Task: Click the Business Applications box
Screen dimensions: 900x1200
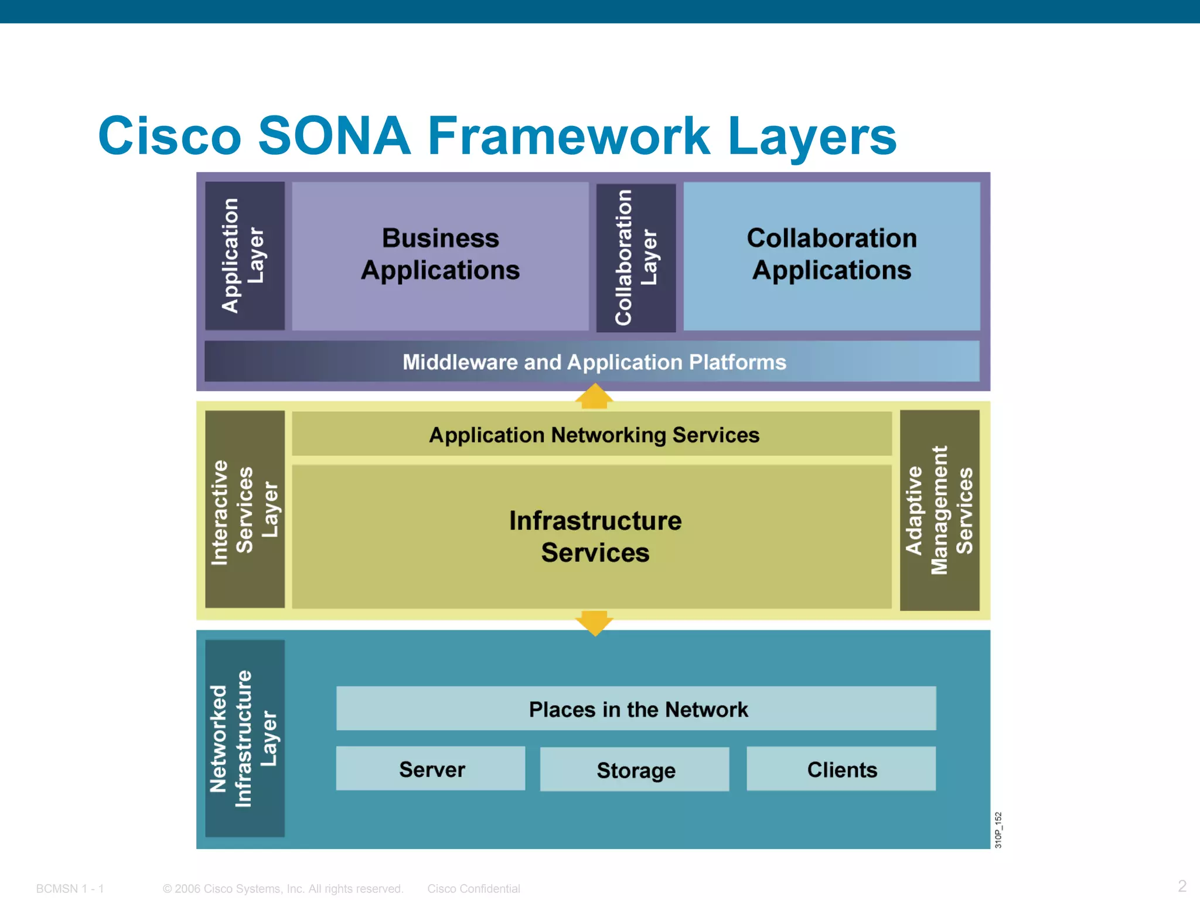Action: click(x=440, y=255)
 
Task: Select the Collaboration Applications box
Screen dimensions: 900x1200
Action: click(x=831, y=255)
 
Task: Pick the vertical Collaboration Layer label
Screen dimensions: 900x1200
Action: click(x=636, y=258)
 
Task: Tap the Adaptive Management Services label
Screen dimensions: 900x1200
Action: click(x=939, y=510)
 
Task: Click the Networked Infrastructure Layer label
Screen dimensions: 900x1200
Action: click(x=245, y=738)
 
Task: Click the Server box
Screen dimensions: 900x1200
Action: click(x=431, y=769)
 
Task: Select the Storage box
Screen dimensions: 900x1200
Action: click(x=635, y=769)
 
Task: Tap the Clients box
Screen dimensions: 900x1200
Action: click(x=841, y=769)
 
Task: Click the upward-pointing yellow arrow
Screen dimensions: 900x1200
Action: click(x=594, y=397)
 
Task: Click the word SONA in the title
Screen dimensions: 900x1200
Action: click(x=334, y=136)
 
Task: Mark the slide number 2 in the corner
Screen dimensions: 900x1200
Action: click(x=1182, y=885)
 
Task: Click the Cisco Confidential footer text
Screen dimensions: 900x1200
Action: click(x=473, y=888)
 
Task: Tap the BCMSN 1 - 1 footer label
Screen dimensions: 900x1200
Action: click(x=70, y=888)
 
